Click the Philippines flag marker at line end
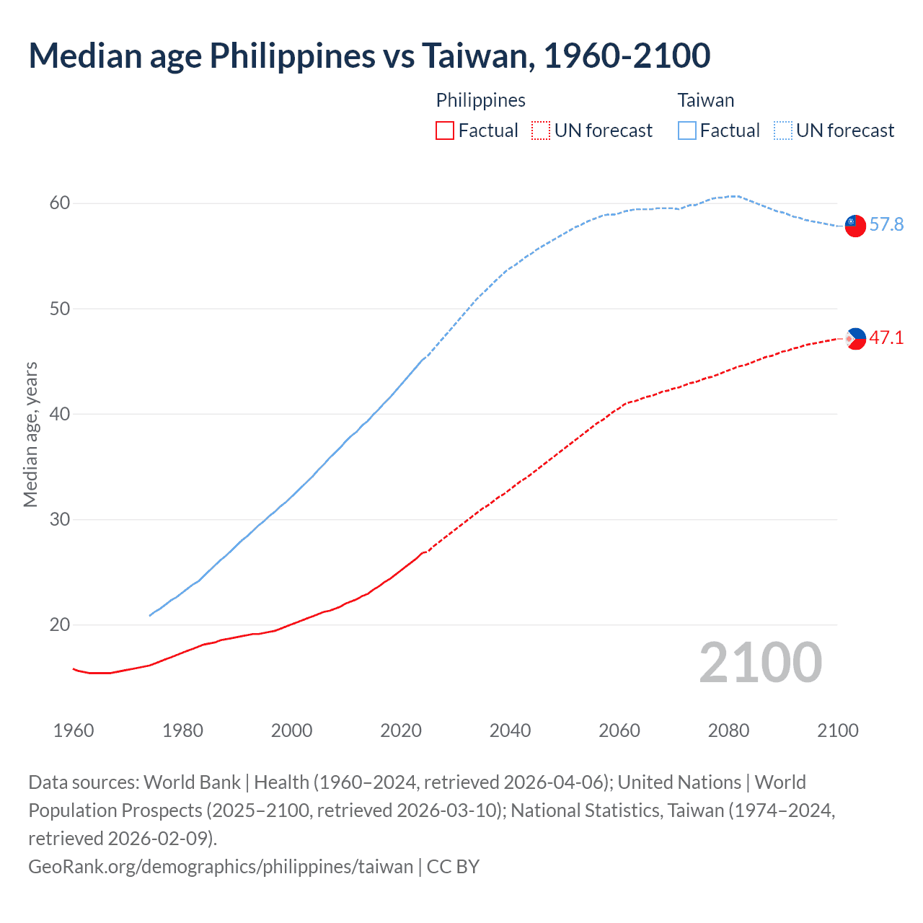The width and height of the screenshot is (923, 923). [x=855, y=338]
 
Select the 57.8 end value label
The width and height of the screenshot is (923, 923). [x=886, y=225]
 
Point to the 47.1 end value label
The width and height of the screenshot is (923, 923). [x=886, y=337]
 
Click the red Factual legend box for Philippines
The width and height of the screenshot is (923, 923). [x=445, y=131]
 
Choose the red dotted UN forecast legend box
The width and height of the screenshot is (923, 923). [x=541, y=131]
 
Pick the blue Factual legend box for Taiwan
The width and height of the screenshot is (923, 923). [x=687, y=131]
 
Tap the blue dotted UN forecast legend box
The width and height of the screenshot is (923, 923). [x=782, y=131]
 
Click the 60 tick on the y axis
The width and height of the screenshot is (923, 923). [x=60, y=203]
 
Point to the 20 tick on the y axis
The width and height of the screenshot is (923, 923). [x=60, y=625]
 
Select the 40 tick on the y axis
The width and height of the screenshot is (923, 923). [x=60, y=415]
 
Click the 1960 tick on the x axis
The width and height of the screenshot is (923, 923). [x=74, y=730]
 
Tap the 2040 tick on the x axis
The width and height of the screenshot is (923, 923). [x=510, y=730]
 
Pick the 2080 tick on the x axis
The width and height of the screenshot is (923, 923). [x=728, y=730]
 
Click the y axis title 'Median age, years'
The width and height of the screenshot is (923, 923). [x=31, y=435]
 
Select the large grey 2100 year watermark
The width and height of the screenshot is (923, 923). [x=760, y=663]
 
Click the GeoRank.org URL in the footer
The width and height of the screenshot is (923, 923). [x=221, y=866]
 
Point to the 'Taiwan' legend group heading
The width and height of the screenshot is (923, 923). [x=705, y=100]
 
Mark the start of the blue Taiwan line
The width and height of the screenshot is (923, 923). [x=150, y=615]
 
